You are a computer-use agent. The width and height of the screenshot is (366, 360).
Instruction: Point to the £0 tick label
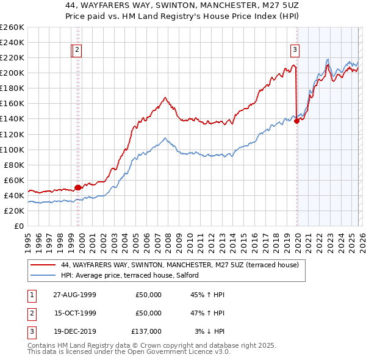[x=19, y=226]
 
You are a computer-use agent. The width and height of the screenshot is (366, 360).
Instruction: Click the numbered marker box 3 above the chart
[x=295, y=50]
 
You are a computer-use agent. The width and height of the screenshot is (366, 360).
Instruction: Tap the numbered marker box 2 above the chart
[x=79, y=50]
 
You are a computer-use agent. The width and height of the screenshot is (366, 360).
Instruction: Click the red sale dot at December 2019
[x=296, y=121]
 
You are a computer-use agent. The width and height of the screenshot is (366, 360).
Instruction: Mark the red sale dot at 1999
[x=78, y=188]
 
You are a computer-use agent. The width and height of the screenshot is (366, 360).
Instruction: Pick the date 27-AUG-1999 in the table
[x=75, y=295]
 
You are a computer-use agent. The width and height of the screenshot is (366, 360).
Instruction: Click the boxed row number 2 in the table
[x=32, y=313]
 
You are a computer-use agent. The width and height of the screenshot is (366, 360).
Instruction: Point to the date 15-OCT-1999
[x=75, y=313]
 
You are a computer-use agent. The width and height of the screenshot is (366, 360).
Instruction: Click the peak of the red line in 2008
[x=165, y=97]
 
